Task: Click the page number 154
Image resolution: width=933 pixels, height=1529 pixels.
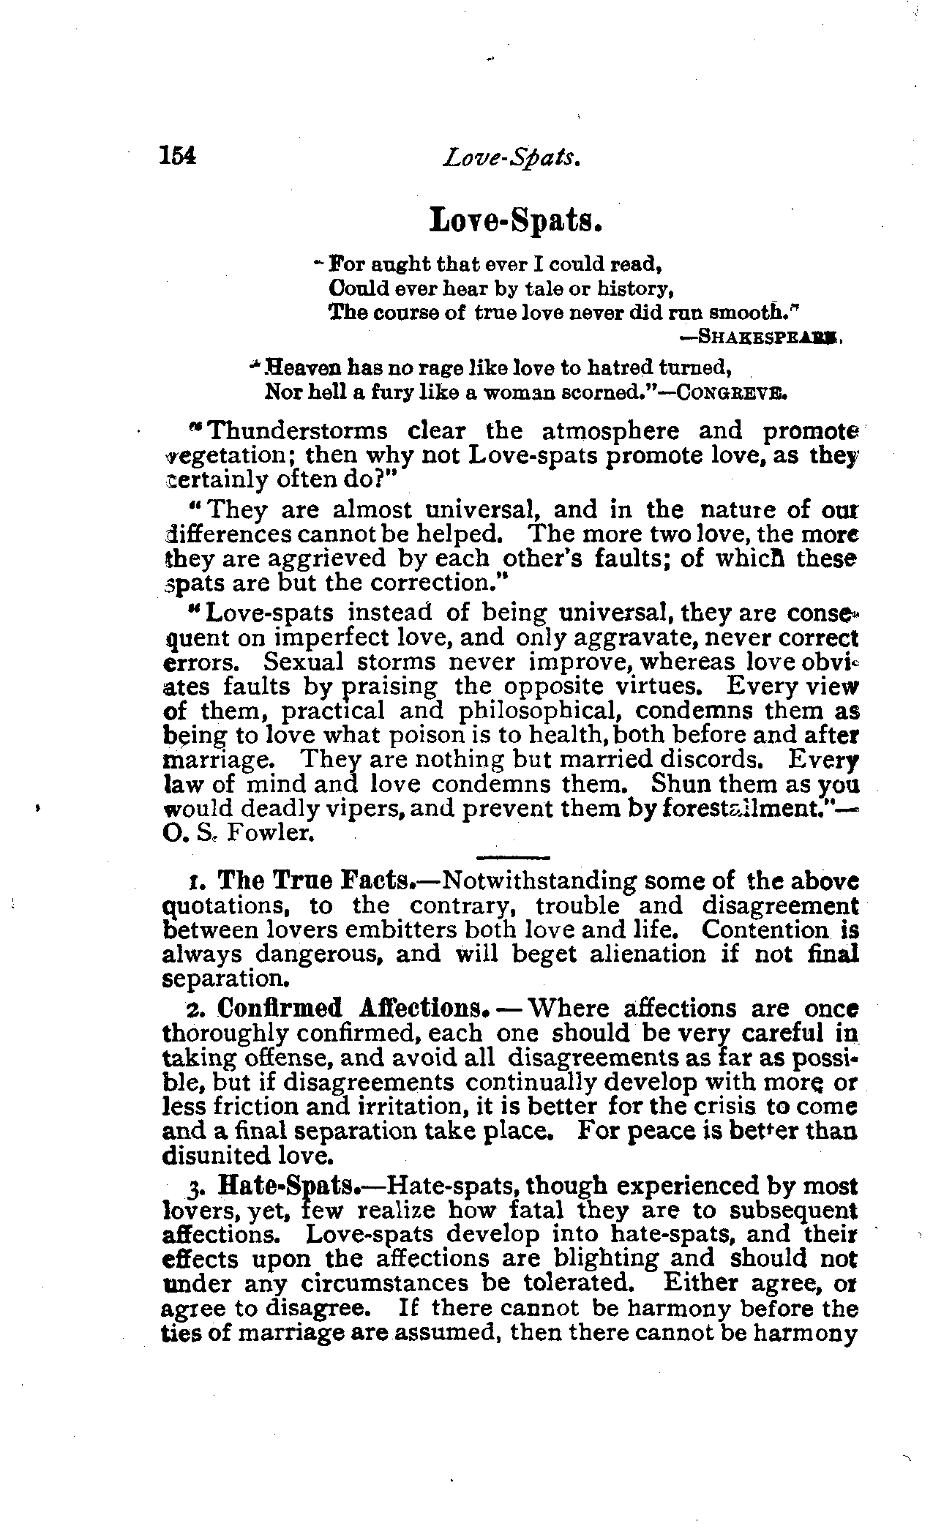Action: pos(178,156)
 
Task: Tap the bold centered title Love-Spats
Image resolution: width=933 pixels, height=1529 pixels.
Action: pos(516,219)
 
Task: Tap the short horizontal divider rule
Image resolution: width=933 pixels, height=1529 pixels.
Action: pos(512,856)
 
